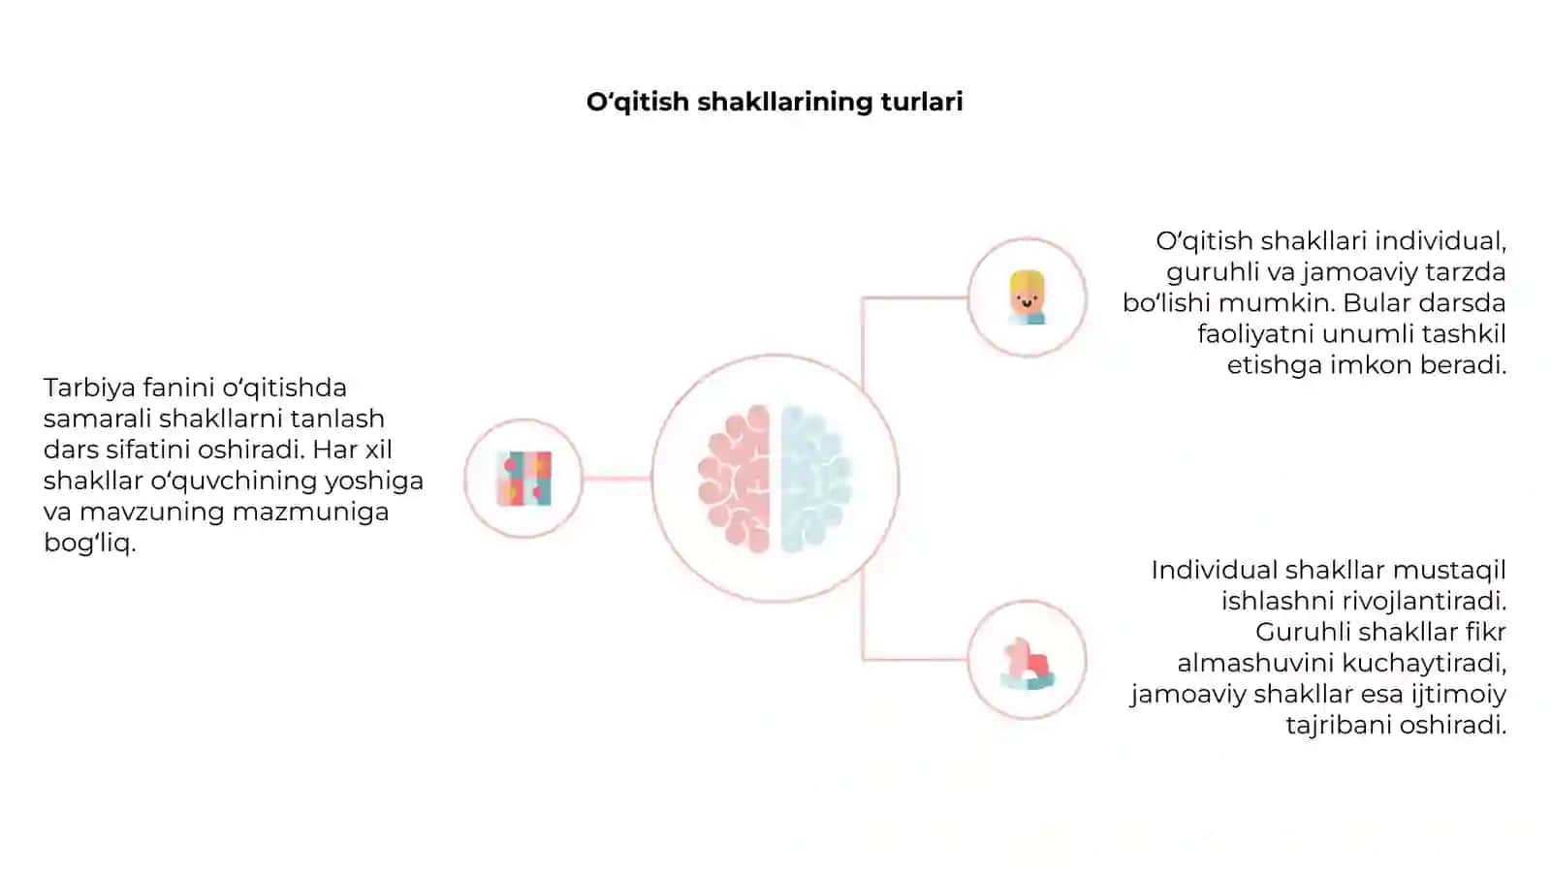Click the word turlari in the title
[x=922, y=102]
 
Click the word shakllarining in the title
[x=785, y=103]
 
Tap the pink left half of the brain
[x=735, y=479]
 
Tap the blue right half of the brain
[x=816, y=479]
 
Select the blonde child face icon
[x=1027, y=297]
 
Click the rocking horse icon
[x=1028, y=664]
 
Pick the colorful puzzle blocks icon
[x=524, y=479]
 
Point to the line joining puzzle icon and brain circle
[x=617, y=479]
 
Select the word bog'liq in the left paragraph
[x=89, y=544]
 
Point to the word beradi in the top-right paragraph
[x=1463, y=364]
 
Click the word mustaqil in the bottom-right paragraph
[x=1449, y=571]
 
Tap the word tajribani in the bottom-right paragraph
[x=1339, y=726]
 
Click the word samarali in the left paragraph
[x=98, y=419]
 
